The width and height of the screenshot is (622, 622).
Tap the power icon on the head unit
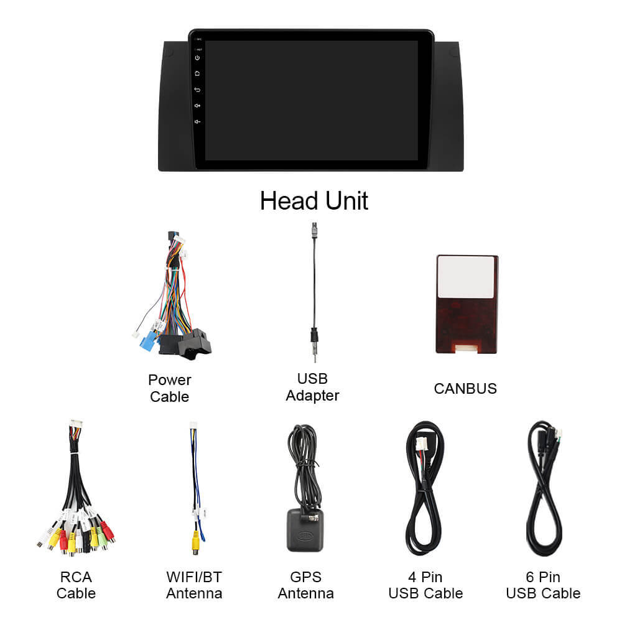coord(197,58)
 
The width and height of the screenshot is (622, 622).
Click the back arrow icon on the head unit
coord(197,90)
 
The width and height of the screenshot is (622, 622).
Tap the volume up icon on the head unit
coord(197,106)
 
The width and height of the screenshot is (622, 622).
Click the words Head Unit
coord(313,201)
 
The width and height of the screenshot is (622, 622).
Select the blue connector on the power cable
coord(149,340)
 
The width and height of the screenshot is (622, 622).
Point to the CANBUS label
coord(465,389)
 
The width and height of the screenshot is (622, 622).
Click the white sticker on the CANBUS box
coord(466,277)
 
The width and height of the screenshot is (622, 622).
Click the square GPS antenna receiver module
coord(305,531)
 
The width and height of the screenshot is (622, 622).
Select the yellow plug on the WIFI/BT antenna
coord(195,542)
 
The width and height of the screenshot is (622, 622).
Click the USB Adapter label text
coord(313,387)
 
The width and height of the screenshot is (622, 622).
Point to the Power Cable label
coord(170,388)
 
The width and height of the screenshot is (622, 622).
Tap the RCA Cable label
coord(76,585)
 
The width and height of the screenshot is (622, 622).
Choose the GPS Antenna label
coord(306,585)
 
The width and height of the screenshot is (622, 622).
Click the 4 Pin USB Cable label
coord(425,585)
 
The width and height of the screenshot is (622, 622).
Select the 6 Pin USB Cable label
coord(544,585)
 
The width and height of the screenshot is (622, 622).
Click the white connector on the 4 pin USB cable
coord(421,444)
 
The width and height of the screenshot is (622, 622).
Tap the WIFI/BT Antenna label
coord(194,585)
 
